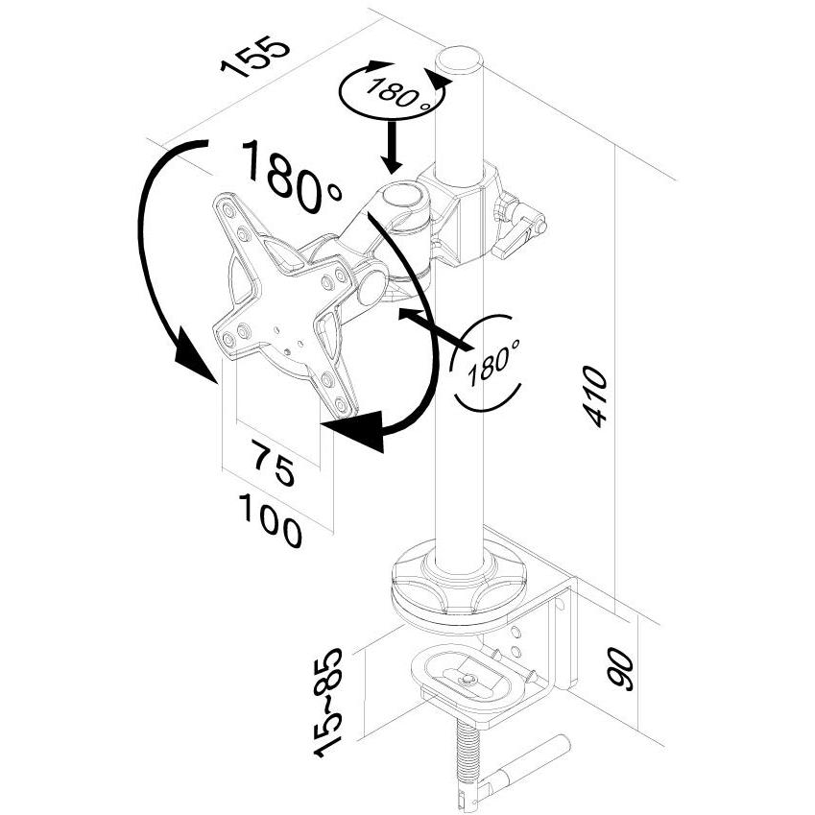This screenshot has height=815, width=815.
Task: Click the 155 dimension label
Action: (x=254, y=58)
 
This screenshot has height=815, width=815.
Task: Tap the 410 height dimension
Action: (x=595, y=396)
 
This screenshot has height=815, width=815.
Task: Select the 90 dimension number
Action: (x=621, y=668)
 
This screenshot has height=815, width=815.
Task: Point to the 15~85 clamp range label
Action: (x=328, y=703)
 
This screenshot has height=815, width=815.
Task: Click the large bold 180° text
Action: (x=291, y=177)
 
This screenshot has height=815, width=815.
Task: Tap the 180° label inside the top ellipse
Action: (x=398, y=92)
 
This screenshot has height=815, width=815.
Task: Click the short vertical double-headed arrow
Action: (x=393, y=147)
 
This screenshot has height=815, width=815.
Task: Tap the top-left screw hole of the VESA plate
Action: (x=228, y=209)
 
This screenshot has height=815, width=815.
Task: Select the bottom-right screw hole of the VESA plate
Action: (x=341, y=403)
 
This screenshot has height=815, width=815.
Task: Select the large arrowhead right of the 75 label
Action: (x=358, y=429)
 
